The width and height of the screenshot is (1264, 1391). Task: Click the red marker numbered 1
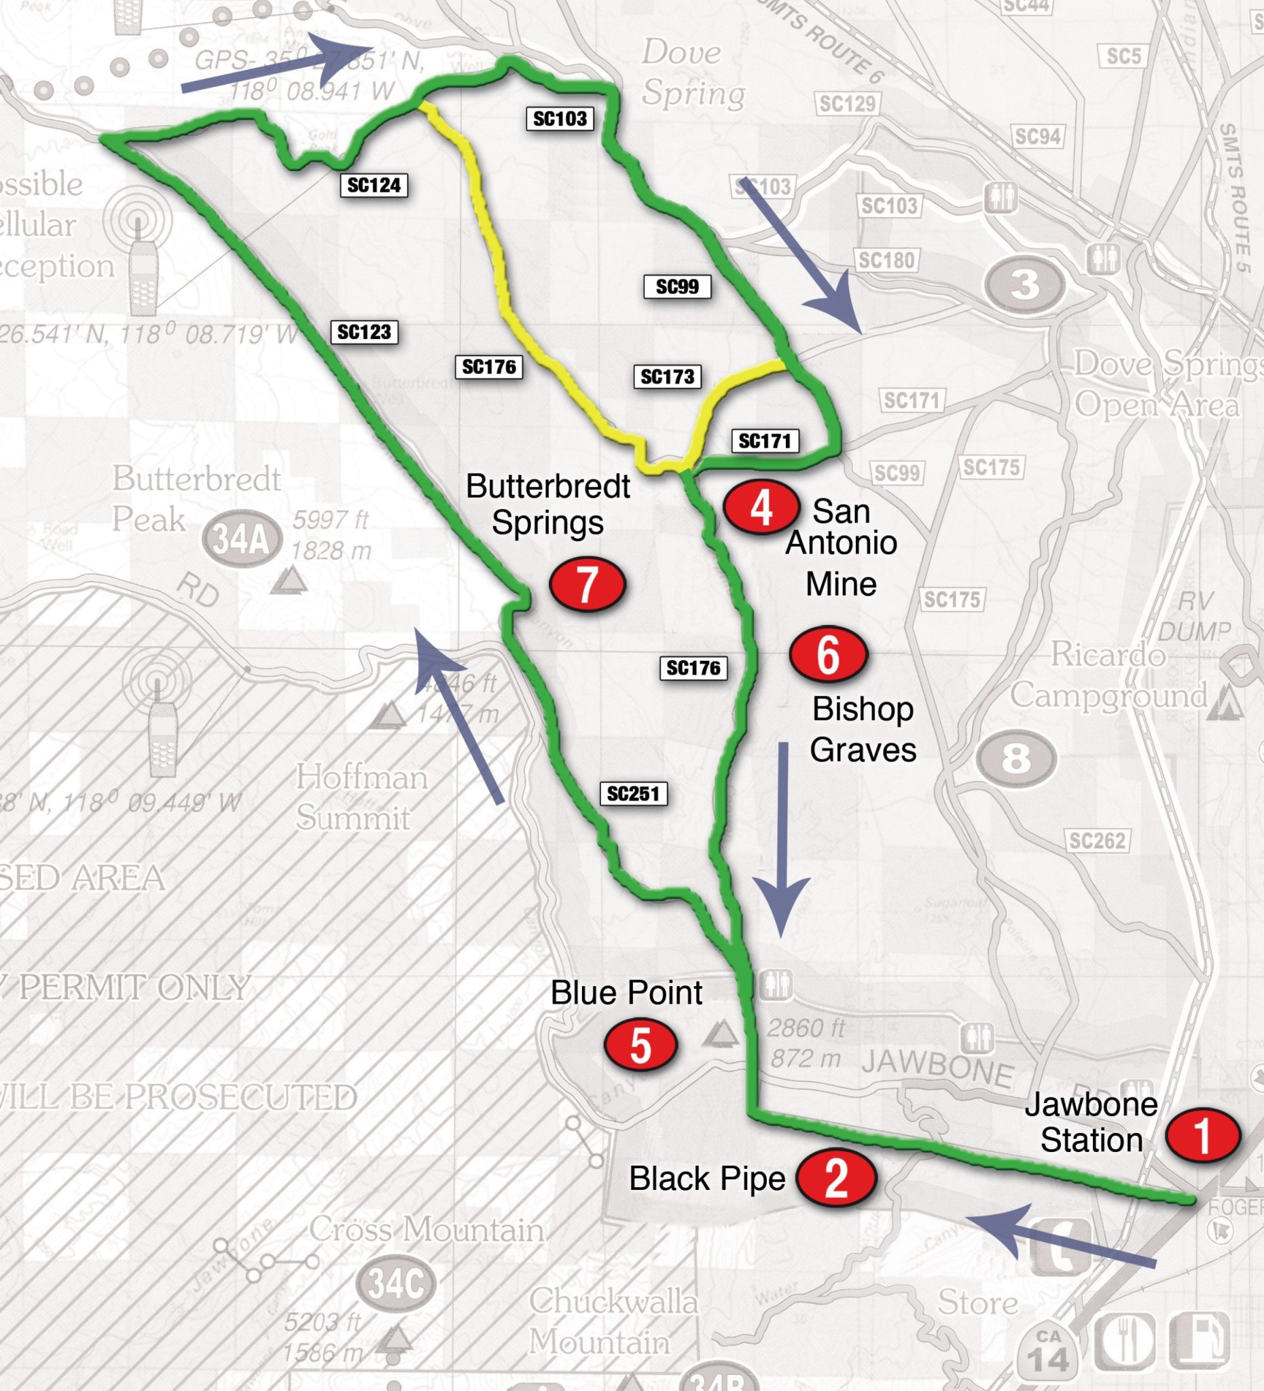[1203, 1134]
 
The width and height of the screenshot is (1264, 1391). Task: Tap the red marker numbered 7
[587, 583]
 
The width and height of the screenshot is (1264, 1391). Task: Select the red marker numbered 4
[761, 507]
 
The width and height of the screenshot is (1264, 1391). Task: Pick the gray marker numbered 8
[1016, 758]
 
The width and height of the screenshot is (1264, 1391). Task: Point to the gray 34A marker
[242, 538]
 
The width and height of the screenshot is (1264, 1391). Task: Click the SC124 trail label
[374, 185]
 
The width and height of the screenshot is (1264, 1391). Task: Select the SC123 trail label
[364, 332]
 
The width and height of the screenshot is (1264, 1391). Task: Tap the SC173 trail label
[667, 377]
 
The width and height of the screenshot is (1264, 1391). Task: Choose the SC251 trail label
[633, 793]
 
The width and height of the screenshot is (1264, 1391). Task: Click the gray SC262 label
[1097, 840]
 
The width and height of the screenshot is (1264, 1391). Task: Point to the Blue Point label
[626, 993]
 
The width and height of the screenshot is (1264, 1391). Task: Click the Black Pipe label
[707, 1178]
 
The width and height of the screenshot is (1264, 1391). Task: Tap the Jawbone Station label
[1091, 1122]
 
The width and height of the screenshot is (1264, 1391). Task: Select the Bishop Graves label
[863, 729]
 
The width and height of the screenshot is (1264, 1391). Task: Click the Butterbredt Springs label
[548, 505]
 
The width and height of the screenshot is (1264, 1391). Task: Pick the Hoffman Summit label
[361, 798]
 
